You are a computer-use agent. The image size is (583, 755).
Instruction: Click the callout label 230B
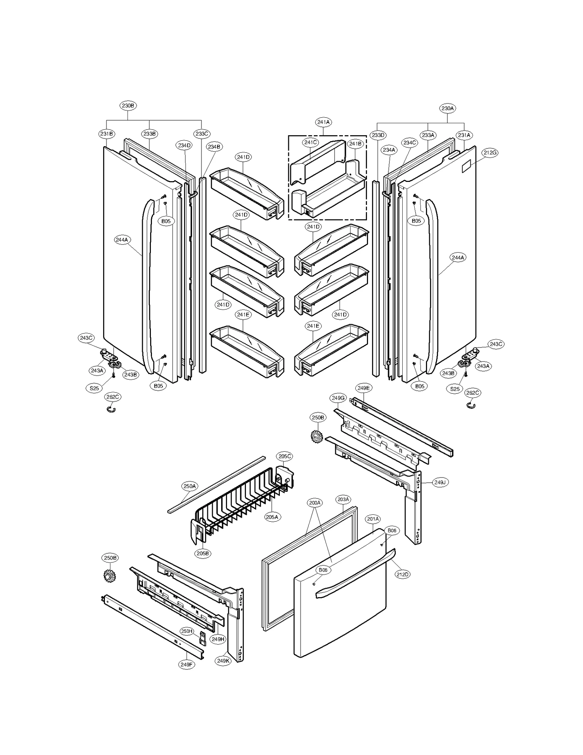[x=128, y=106]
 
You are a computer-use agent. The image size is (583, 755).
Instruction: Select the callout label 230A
[x=447, y=108]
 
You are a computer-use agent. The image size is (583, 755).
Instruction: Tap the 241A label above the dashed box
[x=323, y=122]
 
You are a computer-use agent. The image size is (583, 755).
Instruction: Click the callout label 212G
[x=490, y=153]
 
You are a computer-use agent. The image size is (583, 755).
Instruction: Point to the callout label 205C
[x=285, y=456]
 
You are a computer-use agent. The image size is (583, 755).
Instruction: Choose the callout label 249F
[x=186, y=664]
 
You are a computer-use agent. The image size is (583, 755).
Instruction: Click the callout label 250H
[x=187, y=631]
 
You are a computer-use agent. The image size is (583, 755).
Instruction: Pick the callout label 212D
[x=403, y=574]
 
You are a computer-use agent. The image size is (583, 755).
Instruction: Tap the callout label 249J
[x=440, y=482]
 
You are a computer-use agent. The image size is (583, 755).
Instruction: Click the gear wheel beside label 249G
[x=317, y=436]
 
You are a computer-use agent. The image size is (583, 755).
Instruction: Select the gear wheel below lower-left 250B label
[x=109, y=576]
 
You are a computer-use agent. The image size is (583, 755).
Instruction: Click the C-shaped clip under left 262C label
[x=111, y=410]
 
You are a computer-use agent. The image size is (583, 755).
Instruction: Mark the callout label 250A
[x=189, y=486]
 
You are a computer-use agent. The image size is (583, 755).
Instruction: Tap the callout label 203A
[x=343, y=499]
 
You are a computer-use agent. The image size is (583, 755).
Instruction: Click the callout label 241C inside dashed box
[x=310, y=143]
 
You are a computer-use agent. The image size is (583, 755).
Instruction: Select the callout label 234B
[x=214, y=147]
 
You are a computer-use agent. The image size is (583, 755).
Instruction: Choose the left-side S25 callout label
[x=94, y=388]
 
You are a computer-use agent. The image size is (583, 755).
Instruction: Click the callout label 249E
[x=363, y=388]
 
